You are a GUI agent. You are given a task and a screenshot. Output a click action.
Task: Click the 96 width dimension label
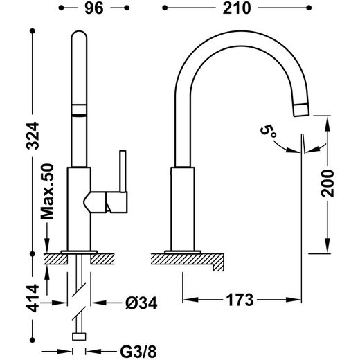click(94, 8)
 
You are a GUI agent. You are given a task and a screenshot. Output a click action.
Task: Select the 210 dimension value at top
click(237, 8)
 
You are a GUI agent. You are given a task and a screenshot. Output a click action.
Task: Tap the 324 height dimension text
click(33, 136)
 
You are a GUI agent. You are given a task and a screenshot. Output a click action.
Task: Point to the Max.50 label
click(47, 192)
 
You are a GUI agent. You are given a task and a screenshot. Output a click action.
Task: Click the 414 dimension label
click(33, 298)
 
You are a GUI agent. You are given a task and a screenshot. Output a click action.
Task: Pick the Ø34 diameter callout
click(141, 303)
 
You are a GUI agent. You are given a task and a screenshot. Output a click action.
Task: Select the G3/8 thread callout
click(138, 352)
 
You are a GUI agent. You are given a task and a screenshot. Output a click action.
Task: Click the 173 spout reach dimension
click(240, 300)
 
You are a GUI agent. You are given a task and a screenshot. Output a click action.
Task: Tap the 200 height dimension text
click(327, 183)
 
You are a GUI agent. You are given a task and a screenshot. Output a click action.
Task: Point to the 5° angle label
click(268, 132)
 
